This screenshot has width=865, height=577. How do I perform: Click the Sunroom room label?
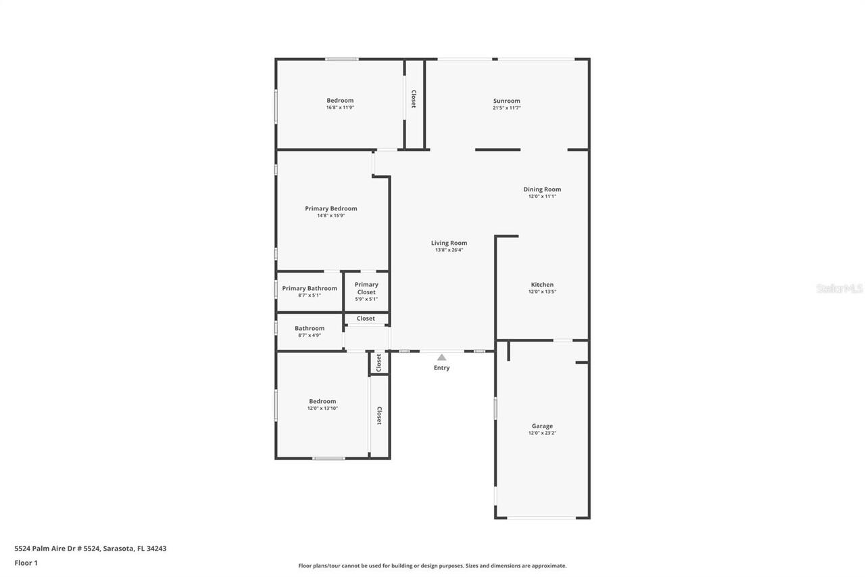click(506, 101)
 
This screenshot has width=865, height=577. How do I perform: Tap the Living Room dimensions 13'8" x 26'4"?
click(449, 250)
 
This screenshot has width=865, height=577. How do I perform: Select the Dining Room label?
click(542, 189)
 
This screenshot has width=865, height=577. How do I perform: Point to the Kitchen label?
click(542, 285)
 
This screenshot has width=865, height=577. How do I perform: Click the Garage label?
click(542, 426)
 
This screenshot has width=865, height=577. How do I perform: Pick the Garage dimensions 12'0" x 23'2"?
click(542, 434)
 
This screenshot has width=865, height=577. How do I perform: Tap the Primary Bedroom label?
click(330, 208)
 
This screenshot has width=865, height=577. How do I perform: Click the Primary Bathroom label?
click(310, 288)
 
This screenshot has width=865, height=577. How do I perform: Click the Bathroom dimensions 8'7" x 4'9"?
click(310, 336)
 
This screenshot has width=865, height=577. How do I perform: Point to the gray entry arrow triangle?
click(441, 357)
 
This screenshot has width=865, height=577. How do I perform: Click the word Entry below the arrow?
click(441, 368)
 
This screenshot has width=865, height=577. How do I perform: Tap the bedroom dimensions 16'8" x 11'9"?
click(340, 108)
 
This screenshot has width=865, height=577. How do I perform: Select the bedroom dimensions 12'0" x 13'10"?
click(322, 409)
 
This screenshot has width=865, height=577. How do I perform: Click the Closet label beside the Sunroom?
click(414, 99)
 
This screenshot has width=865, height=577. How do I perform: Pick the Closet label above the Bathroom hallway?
click(366, 319)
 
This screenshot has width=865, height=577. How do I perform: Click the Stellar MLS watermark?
click(839, 288)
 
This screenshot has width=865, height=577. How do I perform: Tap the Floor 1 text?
click(26, 563)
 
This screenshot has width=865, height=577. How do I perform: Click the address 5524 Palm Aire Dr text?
click(91, 549)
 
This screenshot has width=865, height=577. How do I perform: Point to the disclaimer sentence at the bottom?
click(432, 566)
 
